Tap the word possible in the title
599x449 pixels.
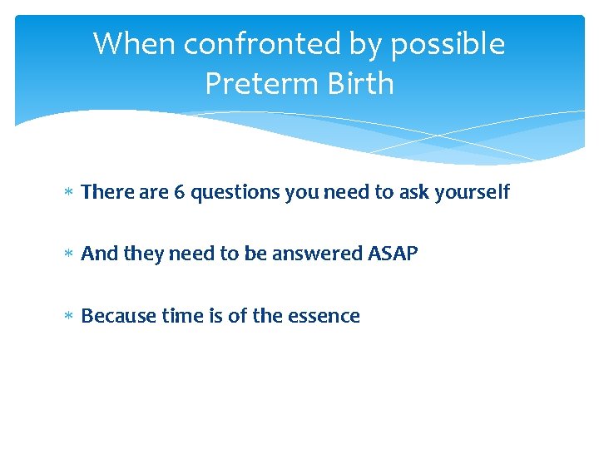[448, 45]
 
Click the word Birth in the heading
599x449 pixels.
[357, 83]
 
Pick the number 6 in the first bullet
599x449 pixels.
[179, 192]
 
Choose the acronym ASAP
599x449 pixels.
[393, 254]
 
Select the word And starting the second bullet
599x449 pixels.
[100, 254]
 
